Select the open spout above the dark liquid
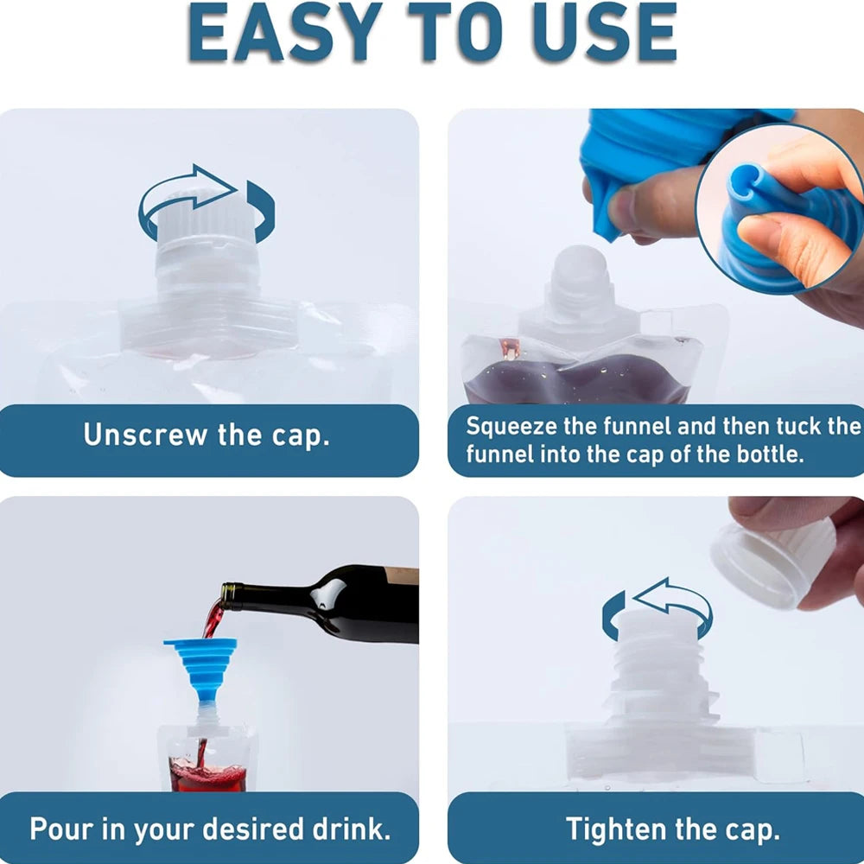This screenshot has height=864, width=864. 577,285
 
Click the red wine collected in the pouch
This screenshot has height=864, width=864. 207,773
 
